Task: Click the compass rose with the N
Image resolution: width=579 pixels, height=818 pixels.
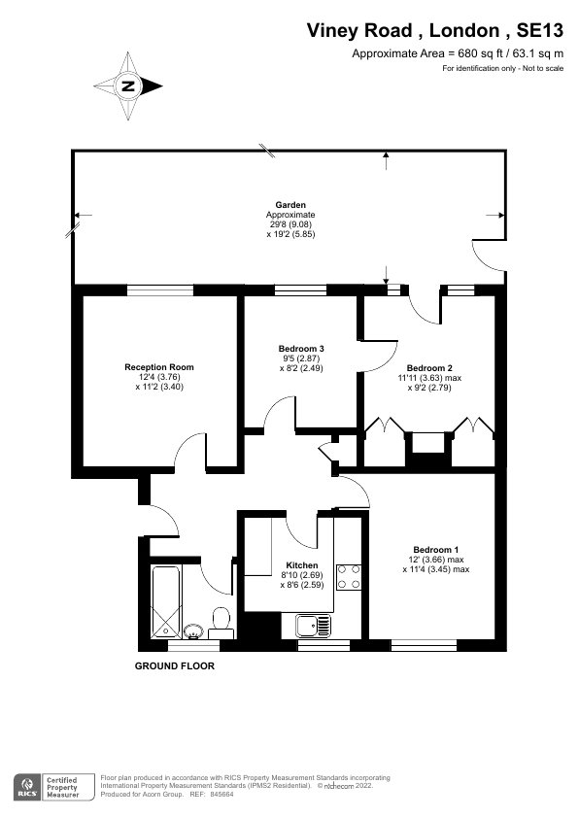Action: [128, 86]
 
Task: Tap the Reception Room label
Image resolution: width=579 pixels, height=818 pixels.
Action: [159, 367]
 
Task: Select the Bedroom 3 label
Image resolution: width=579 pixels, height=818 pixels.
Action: [301, 349]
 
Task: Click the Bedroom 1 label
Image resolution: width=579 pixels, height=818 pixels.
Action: [435, 549]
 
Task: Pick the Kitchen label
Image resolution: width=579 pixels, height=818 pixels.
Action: [302, 565]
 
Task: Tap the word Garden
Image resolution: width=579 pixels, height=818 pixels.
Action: [290, 205]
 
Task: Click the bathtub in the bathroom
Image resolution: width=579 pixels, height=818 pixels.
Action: [166, 602]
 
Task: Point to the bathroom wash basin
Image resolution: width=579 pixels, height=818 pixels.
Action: [193, 631]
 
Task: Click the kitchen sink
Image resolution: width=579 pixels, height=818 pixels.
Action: [313, 626]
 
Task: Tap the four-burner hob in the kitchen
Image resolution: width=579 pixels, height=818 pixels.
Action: [349, 577]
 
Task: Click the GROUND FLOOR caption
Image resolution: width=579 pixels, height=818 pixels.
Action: [175, 666]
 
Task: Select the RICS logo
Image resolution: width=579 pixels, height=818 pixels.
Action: [26, 787]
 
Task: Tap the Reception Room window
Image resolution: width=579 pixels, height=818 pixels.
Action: [160, 290]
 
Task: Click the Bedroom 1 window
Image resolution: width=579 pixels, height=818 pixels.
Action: [424, 645]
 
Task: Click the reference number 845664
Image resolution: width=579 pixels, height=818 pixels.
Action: [221, 795]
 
